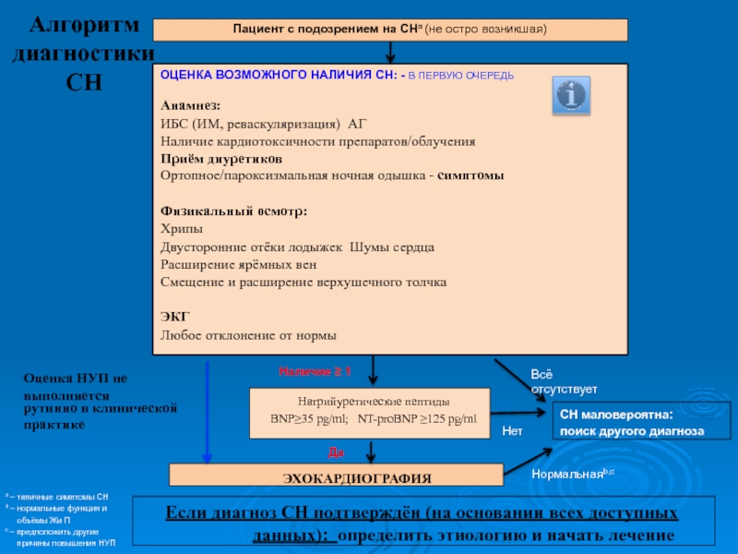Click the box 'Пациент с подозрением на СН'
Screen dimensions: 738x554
389,30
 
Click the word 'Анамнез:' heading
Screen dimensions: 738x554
191,105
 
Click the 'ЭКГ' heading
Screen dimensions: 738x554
173,317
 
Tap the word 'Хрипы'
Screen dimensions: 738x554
182,229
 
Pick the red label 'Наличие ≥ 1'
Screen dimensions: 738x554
315,371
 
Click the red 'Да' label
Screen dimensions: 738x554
337,452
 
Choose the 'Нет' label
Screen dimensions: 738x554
512,431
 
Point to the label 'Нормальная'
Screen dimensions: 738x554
564,473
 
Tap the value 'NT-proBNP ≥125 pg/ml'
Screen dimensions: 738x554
417,420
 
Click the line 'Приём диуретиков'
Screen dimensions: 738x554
216,159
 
